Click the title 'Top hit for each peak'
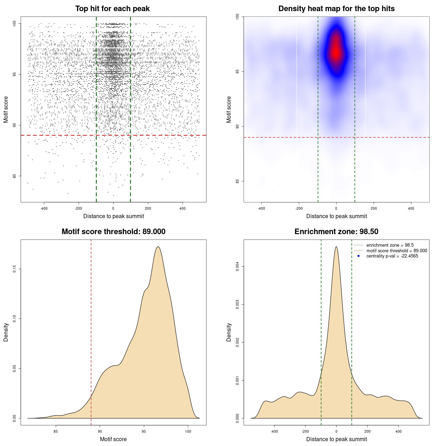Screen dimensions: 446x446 [113, 9]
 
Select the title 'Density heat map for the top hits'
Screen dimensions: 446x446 [336, 9]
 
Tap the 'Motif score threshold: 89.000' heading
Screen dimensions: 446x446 [113, 232]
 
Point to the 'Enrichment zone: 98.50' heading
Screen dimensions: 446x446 [336, 232]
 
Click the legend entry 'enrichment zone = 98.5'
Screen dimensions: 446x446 [390, 245]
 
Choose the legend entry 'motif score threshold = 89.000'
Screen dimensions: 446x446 [397, 251]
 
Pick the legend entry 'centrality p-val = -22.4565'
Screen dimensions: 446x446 [392, 256]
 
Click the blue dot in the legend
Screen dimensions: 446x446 [359, 256]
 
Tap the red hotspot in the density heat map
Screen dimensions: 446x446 [336, 52]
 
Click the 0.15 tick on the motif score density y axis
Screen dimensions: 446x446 [14, 269]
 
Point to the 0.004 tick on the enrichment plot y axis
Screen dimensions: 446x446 [237, 267]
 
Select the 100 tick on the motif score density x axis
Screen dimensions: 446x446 [188, 431]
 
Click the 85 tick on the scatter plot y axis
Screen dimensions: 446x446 [14, 176]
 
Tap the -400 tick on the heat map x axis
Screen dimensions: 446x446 [261, 208]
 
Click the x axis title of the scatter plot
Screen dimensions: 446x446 [114, 216]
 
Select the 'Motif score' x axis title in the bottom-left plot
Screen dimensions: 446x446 [113, 439]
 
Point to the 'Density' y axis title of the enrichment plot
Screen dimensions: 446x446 [229, 332]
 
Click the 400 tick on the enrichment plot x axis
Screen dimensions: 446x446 [399, 431]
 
